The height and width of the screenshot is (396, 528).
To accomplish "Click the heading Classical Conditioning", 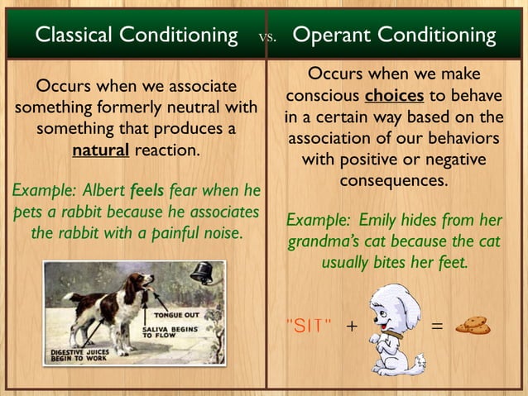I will coord(137,36).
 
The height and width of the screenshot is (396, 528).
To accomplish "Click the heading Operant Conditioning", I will coord(394,36).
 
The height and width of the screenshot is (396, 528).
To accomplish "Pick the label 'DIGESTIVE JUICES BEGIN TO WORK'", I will coord(79,355).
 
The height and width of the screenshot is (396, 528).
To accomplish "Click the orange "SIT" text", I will coord(308,325).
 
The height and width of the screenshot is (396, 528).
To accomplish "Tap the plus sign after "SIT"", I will coord(351,326).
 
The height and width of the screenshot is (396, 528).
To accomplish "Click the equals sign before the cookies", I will coord(438,326).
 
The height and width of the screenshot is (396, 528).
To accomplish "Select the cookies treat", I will coord(473,326).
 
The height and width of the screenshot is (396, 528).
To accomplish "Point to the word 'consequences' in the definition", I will coord(394,179).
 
